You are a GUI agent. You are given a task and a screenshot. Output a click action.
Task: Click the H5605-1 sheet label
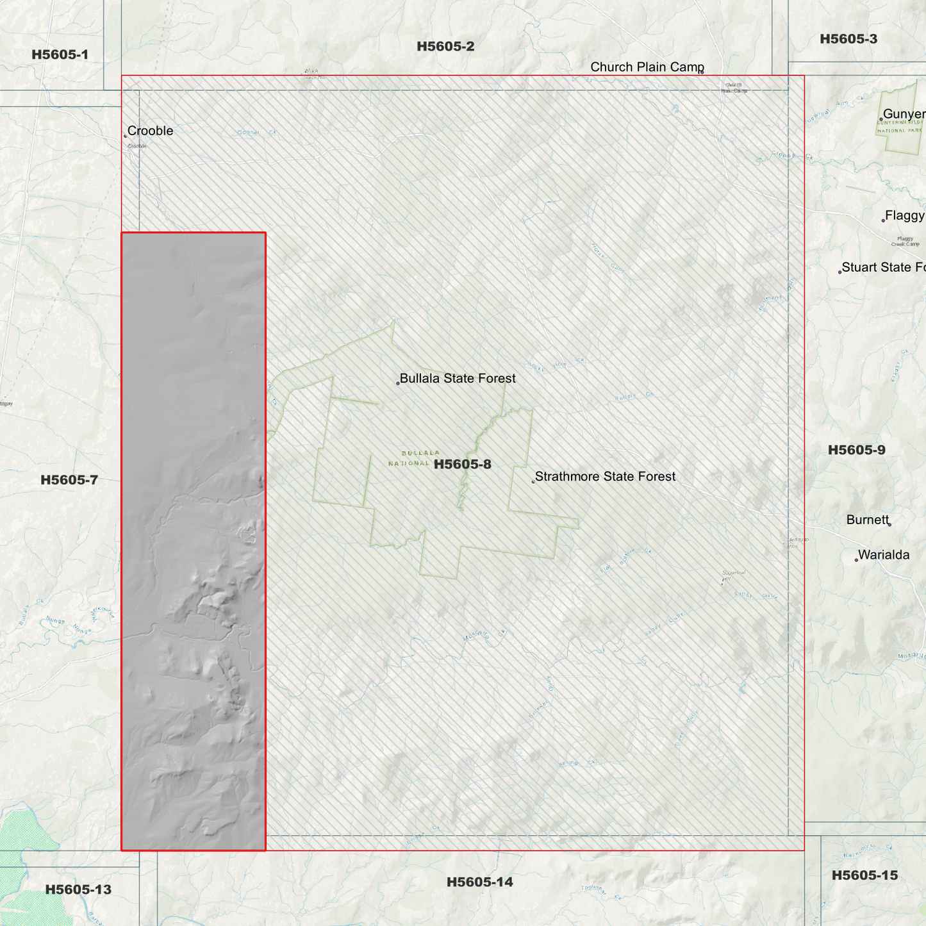[x=60, y=54]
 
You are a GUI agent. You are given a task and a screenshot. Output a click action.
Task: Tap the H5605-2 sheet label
[x=445, y=46]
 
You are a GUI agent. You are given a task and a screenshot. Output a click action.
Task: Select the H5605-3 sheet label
[x=848, y=39]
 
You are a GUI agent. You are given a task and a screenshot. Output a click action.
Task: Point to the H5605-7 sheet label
[x=69, y=480]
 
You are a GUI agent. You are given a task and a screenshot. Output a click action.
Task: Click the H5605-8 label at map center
[x=463, y=464]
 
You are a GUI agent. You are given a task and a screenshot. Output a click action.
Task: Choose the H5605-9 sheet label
[x=857, y=450]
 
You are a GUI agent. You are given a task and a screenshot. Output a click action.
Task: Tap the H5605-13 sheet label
[x=78, y=889]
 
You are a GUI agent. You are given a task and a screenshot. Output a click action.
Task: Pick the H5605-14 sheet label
[x=480, y=882]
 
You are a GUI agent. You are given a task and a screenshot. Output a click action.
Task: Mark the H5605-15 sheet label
[x=864, y=875]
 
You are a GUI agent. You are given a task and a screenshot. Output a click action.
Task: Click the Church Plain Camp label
[x=647, y=67]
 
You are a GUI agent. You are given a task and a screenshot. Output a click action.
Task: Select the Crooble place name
[x=151, y=131]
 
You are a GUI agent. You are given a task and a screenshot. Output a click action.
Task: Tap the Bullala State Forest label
[x=458, y=378]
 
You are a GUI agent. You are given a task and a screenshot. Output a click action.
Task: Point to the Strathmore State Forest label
[x=605, y=476]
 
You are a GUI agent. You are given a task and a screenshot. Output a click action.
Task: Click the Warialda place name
[x=884, y=555]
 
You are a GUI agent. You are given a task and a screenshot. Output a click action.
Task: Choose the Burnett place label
[x=867, y=520]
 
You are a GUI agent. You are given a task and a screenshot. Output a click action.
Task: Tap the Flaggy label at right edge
[x=904, y=215]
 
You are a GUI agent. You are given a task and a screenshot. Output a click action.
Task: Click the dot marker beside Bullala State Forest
[x=398, y=383]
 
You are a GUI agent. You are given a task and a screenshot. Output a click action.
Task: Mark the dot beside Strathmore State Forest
[x=533, y=481]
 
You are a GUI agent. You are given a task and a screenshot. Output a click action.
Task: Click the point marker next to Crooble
[x=125, y=136]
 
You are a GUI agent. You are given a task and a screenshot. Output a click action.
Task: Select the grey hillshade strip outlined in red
[x=194, y=542]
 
